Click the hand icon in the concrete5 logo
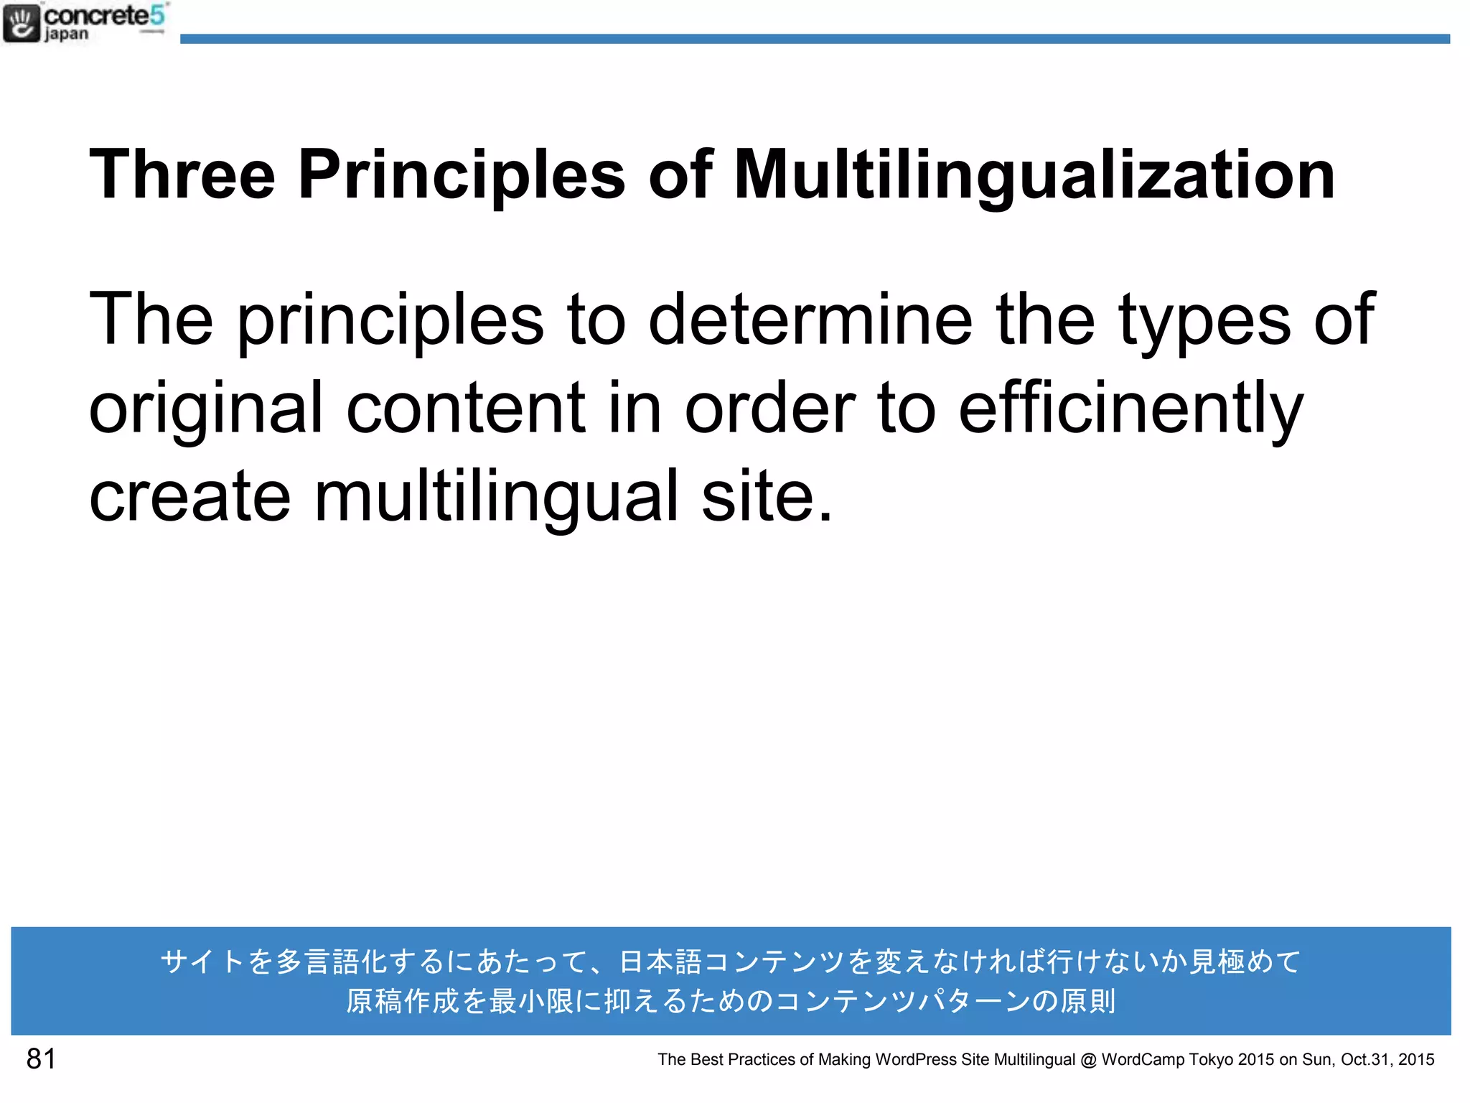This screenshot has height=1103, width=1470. click(x=22, y=23)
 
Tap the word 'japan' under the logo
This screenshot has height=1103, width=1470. click(x=67, y=34)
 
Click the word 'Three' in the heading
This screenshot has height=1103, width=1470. click(x=182, y=174)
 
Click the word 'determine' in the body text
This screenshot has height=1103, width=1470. click(x=810, y=319)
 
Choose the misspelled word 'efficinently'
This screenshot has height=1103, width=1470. click(x=1130, y=409)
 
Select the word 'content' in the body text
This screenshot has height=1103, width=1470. click(x=466, y=408)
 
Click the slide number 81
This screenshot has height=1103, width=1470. click(x=41, y=1059)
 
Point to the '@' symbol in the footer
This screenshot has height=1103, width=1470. click(x=1088, y=1060)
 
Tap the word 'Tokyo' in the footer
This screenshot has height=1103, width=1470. click(x=1212, y=1060)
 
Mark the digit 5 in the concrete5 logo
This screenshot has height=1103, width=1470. click(x=157, y=15)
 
